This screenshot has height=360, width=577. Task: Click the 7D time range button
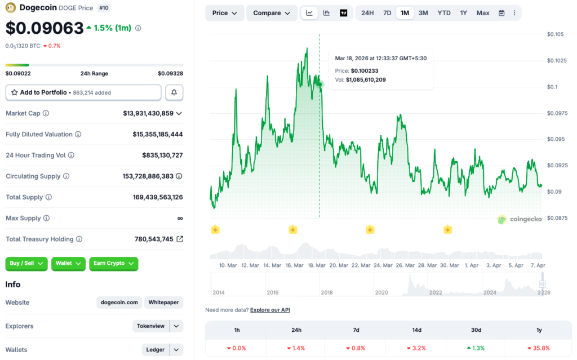[387, 13]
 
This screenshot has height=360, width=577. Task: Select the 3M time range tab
[423, 13]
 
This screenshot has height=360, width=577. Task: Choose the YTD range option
[444, 13]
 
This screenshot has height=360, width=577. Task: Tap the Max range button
[483, 13]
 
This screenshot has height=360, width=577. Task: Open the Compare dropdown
[272, 13]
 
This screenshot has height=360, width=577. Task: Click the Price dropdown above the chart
[225, 13]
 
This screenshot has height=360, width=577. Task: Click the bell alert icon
[174, 92]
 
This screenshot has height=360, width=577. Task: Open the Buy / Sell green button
[26, 263]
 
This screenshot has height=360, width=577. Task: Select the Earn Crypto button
[113, 263]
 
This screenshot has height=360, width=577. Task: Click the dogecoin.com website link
[119, 303]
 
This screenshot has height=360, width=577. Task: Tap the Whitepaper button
[163, 303]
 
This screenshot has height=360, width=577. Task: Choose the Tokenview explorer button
[151, 326]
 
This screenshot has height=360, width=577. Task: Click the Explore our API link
[270, 310]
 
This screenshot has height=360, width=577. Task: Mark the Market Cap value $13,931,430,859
[148, 113]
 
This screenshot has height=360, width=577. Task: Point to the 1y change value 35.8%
[540, 348]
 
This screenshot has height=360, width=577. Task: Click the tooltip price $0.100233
[365, 70]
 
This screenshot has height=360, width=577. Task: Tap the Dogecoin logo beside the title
[11, 8]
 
